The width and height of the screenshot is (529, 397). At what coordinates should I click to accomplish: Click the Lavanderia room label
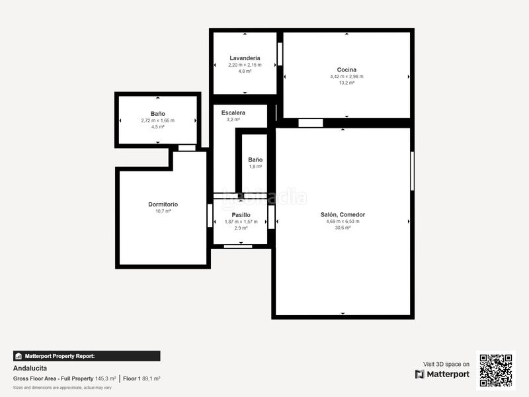click(x=245, y=58)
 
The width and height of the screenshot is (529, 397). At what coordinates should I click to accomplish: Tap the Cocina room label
click(x=346, y=69)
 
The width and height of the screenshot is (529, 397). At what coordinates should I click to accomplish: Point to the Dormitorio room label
click(x=163, y=204)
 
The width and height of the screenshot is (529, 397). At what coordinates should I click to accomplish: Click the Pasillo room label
click(x=241, y=215)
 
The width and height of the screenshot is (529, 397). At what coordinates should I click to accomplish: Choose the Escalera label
click(x=233, y=113)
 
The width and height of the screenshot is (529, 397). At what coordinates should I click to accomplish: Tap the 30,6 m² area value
click(x=343, y=228)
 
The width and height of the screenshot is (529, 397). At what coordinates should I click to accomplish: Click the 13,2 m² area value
click(x=346, y=83)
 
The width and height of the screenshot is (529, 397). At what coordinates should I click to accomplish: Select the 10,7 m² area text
click(x=163, y=211)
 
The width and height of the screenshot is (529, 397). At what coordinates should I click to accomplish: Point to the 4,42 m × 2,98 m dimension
click(x=346, y=76)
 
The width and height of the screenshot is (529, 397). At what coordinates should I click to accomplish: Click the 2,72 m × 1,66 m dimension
click(x=157, y=120)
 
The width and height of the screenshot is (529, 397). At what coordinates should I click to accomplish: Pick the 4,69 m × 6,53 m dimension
click(x=343, y=221)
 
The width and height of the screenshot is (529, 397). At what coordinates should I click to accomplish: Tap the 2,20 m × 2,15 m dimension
click(x=245, y=65)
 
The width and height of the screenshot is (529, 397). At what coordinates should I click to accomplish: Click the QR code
click(x=495, y=370)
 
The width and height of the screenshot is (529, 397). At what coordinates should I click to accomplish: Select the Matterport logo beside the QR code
click(x=442, y=375)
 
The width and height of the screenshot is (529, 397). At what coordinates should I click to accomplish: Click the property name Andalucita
click(x=30, y=368)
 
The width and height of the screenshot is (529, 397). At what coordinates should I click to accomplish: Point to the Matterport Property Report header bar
click(x=87, y=356)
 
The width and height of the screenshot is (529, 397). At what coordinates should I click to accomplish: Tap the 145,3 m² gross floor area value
click(x=105, y=378)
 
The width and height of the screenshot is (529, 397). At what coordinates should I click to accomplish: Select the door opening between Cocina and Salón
click(x=310, y=122)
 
